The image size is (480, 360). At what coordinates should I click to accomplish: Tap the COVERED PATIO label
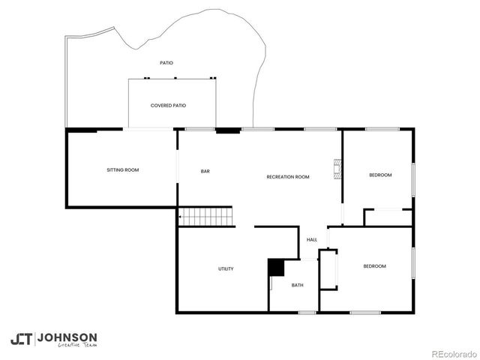(168, 106)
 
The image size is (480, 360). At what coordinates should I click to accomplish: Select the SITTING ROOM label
(122, 170)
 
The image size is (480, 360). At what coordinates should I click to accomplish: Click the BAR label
(205, 172)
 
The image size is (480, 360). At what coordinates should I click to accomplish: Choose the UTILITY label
(226, 268)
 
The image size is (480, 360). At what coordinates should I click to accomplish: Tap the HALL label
(312, 240)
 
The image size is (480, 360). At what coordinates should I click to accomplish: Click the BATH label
(297, 285)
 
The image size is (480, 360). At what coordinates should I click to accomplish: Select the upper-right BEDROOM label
(380, 175)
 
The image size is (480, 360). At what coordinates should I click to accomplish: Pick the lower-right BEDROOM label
(374, 266)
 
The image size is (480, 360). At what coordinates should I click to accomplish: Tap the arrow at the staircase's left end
(181, 217)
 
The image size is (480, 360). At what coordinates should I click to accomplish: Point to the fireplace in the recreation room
(337, 169)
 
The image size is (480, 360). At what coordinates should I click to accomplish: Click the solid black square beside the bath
(277, 267)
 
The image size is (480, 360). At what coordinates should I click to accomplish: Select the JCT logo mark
(21, 339)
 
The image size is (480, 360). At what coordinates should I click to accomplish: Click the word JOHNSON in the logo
(67, 337)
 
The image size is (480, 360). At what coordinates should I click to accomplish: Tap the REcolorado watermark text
(452, 353)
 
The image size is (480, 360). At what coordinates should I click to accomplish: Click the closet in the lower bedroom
(328, 270)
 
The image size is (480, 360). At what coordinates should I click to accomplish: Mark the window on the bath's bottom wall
(306, 312)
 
